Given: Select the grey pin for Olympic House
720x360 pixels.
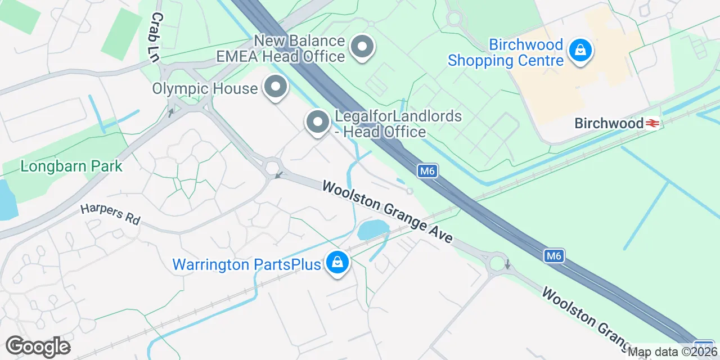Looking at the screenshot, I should [x=275, y=88].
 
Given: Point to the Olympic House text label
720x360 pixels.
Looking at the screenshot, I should [x=205, y=88].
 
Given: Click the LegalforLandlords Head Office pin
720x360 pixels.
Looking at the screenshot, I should [x=318, y=122].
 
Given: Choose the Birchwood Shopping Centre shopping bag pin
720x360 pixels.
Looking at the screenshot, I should [x=580, y=51].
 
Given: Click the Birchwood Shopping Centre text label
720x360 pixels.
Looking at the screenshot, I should [x=505, y=52].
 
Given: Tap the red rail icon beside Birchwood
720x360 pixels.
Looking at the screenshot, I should [x=652, y=123].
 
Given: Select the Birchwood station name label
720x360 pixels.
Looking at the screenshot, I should [x=609, y=123].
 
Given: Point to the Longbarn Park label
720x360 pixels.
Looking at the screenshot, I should [x=71, y=166].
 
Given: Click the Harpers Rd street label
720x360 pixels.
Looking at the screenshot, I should [x=110, y=214].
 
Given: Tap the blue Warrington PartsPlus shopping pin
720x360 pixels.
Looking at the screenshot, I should [x=336, y=263].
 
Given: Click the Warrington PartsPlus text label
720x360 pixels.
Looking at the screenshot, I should [x=246, y=264].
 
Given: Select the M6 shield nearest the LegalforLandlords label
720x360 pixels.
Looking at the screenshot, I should [x=428, y=170].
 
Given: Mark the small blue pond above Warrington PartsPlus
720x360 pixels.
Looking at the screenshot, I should [x=372, y=229].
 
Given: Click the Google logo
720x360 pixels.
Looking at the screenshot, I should [x=38, y=346].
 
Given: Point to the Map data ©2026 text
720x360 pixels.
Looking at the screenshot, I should [x=673, y=353].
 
